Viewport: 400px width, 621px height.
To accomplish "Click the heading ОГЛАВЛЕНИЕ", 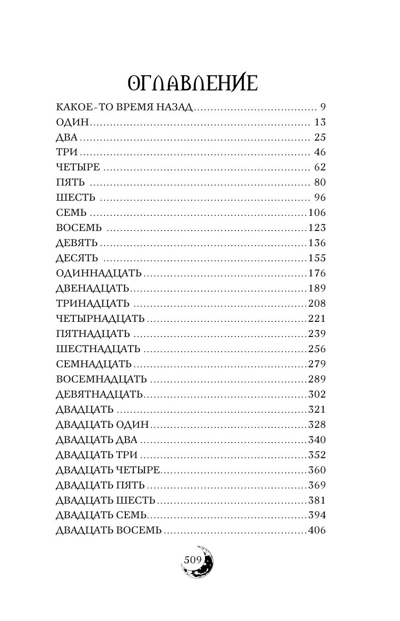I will coord(193,84).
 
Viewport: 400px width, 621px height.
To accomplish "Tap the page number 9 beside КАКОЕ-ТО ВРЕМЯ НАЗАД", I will coord(323,107).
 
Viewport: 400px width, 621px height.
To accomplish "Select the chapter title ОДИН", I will coord(72,122).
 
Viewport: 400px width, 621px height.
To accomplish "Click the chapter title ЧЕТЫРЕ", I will coord(78,168).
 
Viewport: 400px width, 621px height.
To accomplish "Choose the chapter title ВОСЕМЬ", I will coord(79,228).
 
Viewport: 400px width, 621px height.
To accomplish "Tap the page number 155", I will coord(317,258).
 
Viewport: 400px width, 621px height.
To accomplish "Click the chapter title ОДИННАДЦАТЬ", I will coord(98,274).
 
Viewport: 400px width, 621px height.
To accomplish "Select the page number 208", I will coord(317,304).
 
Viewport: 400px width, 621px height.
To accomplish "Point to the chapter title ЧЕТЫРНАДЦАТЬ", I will coord(100,319).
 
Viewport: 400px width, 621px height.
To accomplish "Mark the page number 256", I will coord(317,349).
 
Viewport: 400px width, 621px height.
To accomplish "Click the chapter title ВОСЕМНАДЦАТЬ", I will coord(101,380).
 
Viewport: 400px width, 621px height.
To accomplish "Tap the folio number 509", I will coord(192,560).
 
